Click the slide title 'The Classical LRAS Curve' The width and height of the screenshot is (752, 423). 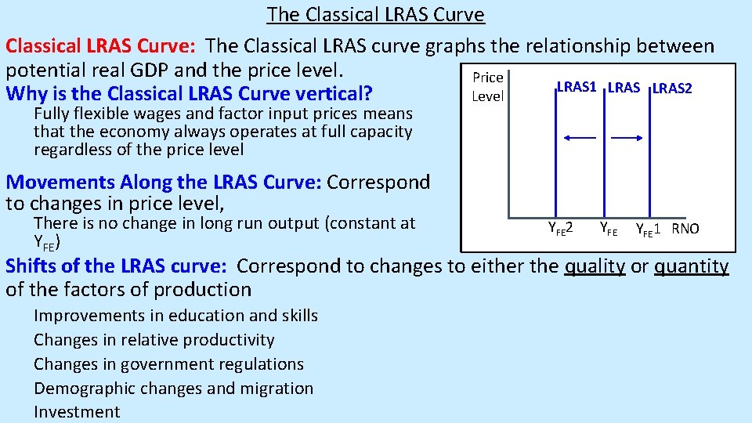tap(375, 14)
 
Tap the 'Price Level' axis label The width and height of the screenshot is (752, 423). tap(487, 87)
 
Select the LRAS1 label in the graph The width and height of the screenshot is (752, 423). tap(577, 88)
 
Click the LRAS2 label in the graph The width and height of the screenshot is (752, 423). tap(672, 89)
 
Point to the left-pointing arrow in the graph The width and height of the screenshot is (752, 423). tap(580, 137)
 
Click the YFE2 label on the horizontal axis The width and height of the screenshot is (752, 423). tap(559, 229)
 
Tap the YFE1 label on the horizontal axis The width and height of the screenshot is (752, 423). tap(649, 229)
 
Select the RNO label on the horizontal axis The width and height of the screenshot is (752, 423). tap(685, 229)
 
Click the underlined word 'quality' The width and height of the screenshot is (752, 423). tap(595, 266)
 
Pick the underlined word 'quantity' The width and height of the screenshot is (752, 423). tap(691, 266)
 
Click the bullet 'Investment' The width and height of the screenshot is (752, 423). tap(77, 412)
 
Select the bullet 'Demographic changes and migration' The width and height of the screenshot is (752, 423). tap(173, 388)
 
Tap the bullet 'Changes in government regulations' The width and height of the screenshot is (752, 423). tap(168, 363)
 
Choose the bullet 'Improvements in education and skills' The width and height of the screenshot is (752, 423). tap(175, 315)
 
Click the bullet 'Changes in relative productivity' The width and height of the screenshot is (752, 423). tap(154, 339)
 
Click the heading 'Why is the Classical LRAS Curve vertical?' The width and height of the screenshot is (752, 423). tap(189, 94)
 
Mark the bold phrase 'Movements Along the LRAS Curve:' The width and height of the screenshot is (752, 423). tap(163, 183)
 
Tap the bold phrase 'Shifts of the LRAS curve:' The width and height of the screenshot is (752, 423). tap(116, 266)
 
